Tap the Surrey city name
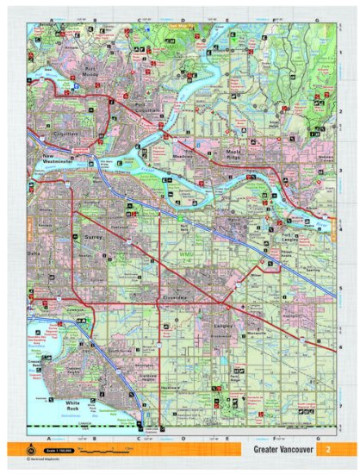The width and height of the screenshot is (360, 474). point(94,234)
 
